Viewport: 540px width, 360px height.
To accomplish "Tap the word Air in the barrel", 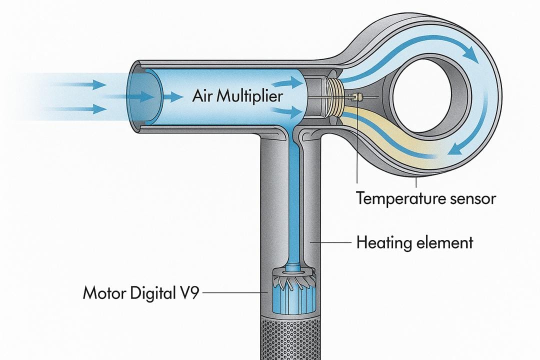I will pyautogui.click(x=202, y=96).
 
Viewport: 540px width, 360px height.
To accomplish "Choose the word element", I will pyautogui.click(x=444, y=243).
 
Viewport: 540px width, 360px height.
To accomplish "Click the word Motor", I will pyautogui.click(x=104, y=292).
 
